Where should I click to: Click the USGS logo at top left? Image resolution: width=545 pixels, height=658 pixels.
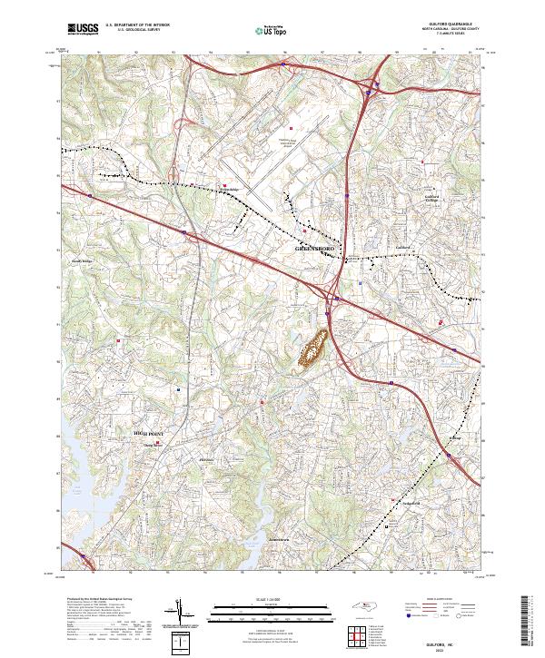coord(83,28)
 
